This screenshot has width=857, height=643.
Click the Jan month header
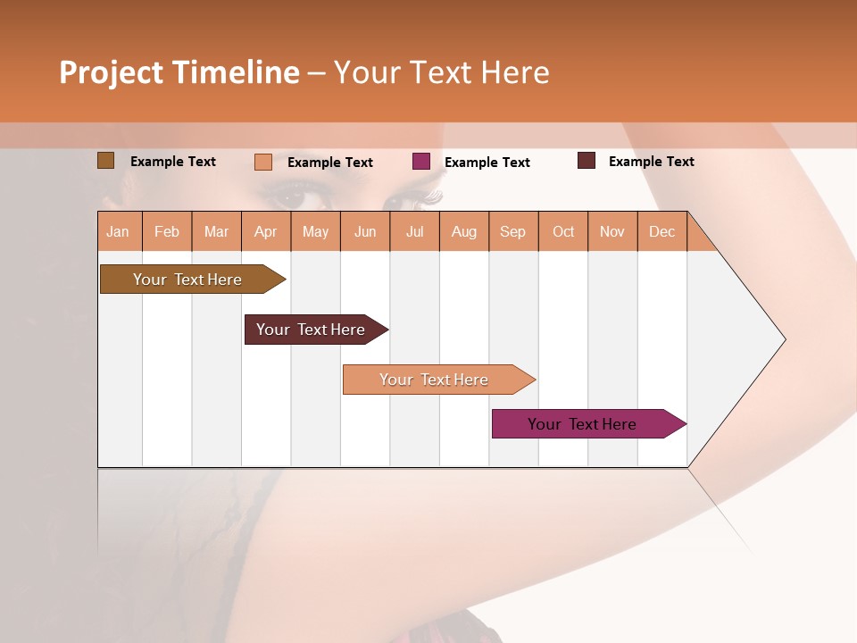tap(118, 231)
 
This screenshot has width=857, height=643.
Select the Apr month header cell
tap(265, 231)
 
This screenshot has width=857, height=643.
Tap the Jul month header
tap(414, 231)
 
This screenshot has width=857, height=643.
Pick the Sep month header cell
tap(512, 231)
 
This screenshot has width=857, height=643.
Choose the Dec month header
tap(661, 231)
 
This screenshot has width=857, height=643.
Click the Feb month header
tap(167, 231)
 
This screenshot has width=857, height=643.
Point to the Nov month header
tap(612, 231)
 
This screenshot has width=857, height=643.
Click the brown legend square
tap(105, 161)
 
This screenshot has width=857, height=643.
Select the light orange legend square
tap(262, 162)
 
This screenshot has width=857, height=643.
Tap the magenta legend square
tap(420, 162)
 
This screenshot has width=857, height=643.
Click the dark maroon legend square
tap(587, 161)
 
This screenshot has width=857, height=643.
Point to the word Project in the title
tap(111, 72)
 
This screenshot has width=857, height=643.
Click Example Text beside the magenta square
tap(487, 162)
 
